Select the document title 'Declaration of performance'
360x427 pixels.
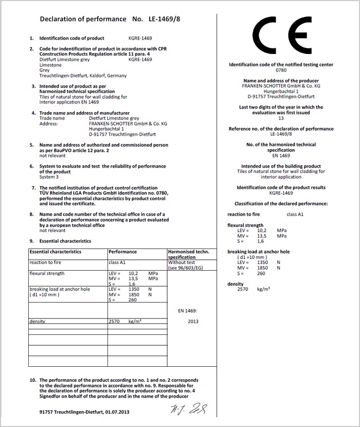(x=83, y=19)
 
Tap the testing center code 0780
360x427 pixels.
(x=281, y=70)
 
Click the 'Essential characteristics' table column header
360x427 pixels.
(x=56, y=252)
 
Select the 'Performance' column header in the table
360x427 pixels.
(x=123, y=252)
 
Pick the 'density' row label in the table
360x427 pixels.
(x=38, y=322)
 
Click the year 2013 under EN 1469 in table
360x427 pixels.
(x=193, y=322)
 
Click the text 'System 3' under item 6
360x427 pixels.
(x=50, y=177)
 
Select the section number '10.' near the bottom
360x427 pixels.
(x=32, y=380)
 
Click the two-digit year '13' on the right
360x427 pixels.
(x=281, y=118)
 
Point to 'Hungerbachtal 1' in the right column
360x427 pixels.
(x=281, y=91)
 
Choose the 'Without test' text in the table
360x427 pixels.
(x=181, y=262)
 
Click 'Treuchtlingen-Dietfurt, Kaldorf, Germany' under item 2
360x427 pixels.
(x=83, y=76)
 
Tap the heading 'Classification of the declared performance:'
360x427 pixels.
(x=281, y=204)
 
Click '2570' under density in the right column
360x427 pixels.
(x=243, y=290)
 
